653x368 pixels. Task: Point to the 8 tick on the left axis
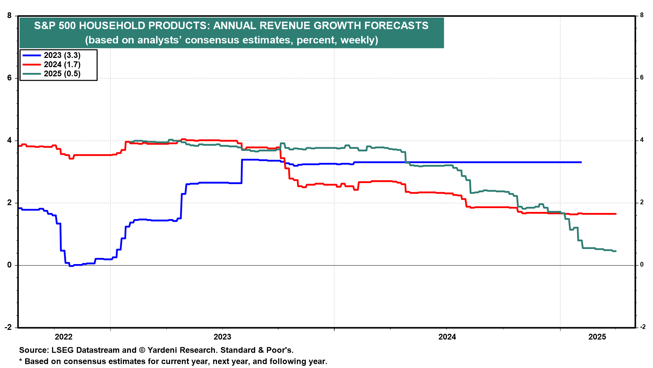click(x=10, y=16)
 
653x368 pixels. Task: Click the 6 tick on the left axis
click(x=10, y=78)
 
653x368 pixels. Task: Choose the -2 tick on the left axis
click(x=8, y=327)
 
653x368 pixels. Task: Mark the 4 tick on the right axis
click(x=642, y=140)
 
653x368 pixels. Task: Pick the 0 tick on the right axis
click(x=642, y=265)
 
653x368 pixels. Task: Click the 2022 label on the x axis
click(x=64, y=337)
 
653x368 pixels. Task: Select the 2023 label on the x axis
click(x=222, y=337)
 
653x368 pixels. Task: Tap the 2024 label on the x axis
click(x=447, y=337)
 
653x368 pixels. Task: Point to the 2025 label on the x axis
click(x=597, y=337)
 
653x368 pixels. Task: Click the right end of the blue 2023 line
click(x=581, y=162)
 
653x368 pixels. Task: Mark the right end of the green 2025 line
click(x=616, y=251)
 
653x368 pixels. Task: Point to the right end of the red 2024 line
click(x=616, y=214)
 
